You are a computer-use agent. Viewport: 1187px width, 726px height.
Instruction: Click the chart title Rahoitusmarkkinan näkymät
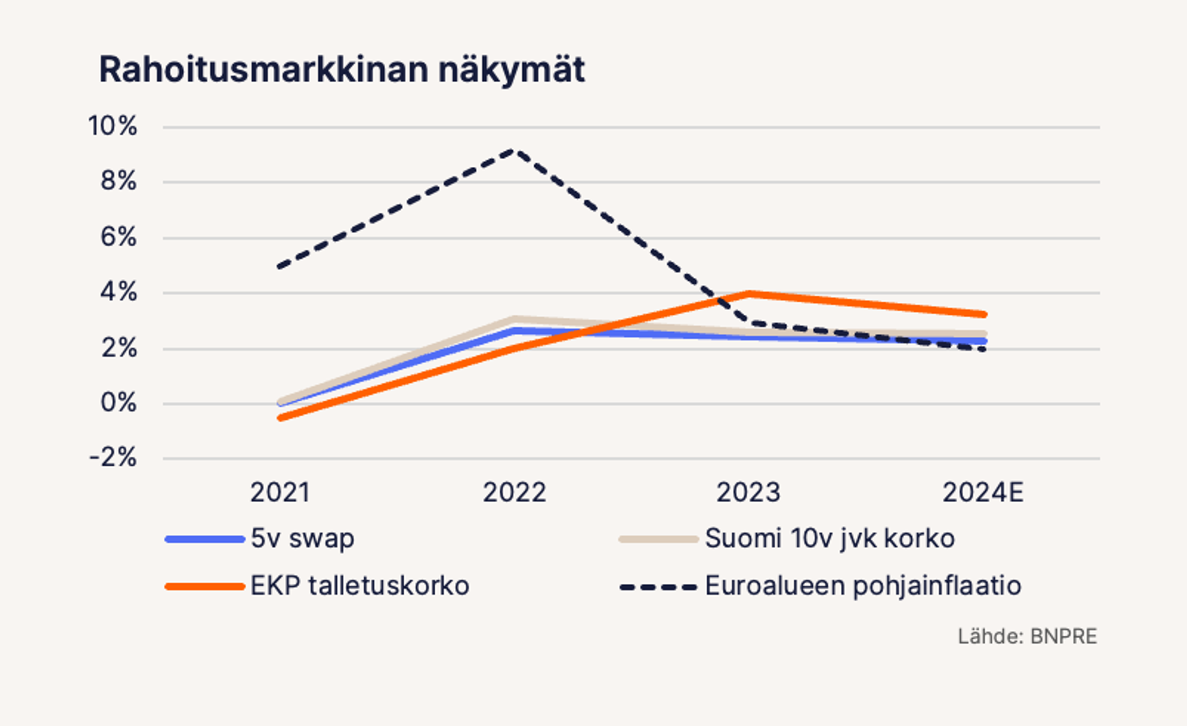point(341,69)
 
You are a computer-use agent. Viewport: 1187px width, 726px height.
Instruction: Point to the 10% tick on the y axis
point(113,126)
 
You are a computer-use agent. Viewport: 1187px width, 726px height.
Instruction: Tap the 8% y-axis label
point(118,181)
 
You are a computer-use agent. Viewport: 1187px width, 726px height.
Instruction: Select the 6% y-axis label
point(118,237)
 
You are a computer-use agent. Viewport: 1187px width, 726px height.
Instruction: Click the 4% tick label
point(118,292)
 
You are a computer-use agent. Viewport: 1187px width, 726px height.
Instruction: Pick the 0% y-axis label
point(118,403)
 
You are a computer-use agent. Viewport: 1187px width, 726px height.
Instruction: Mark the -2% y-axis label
point(113,458)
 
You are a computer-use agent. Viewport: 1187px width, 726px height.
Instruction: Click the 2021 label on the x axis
point(279,493)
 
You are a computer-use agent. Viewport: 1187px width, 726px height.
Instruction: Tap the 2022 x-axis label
point(514,493)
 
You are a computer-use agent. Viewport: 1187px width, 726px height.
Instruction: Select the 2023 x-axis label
point(748,493)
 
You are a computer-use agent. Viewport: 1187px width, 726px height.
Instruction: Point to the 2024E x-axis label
point(982,493)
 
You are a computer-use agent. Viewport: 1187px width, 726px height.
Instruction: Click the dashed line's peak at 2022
point(514,151)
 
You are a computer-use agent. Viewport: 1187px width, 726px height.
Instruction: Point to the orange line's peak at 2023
point(749,294)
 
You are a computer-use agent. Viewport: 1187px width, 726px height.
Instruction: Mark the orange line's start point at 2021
point(280,418)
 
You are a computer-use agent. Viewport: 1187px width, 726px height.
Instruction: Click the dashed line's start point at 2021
point(280,267)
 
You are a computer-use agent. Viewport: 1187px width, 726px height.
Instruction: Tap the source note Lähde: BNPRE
point(1027,636)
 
